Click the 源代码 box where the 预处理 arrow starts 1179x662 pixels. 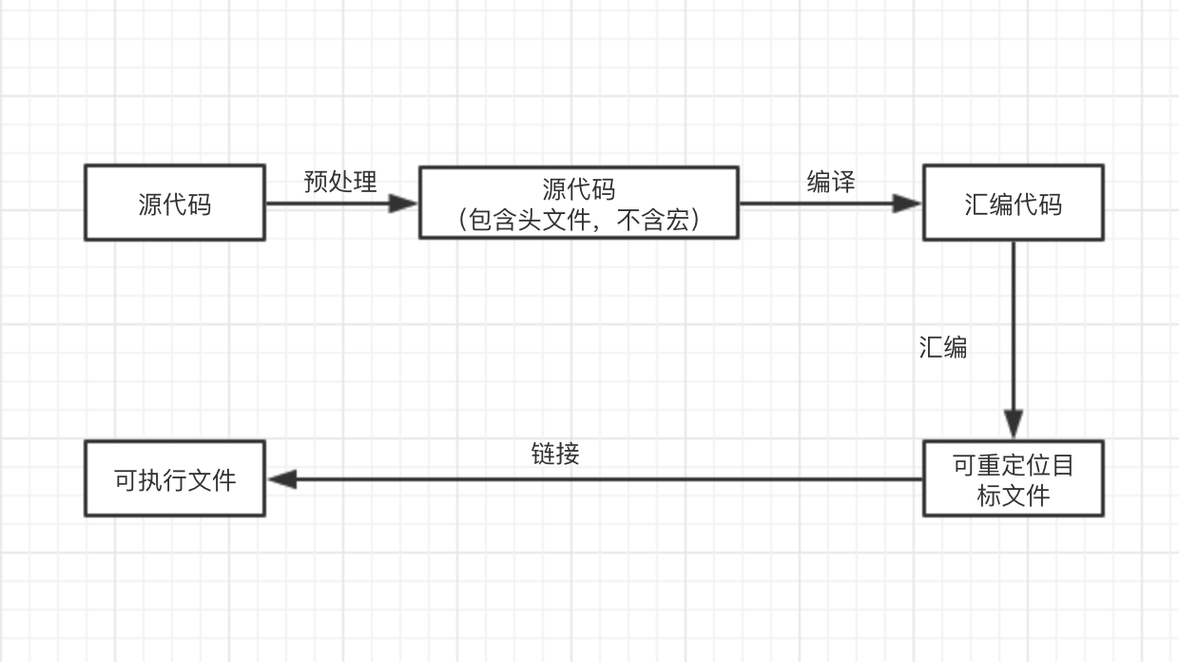[175, 203]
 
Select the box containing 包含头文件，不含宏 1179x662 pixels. [578, 203]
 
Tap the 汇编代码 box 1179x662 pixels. [1013, 203]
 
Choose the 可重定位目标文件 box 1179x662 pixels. [1013, 478]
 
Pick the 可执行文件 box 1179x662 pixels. [175, 478]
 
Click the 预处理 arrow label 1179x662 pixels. [340, 181]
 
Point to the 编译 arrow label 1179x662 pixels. [830, 181]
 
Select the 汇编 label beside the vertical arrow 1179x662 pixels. [942, 347]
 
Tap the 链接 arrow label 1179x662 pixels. [555, 453]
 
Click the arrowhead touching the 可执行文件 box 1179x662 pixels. [281, 478]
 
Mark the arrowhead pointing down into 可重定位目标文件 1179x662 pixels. [1014, 424]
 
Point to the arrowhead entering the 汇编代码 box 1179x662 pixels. [907, 203]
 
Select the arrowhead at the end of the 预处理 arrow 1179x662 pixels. [403, 203]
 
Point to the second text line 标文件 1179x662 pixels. [1013, 495]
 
